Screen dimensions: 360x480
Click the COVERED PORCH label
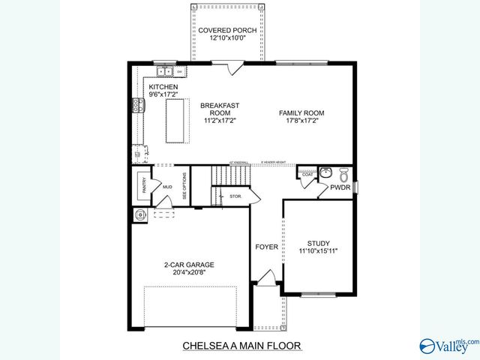tap(227, 31)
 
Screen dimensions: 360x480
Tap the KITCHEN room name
tap(163, 88)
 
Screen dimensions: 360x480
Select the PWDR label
tap(340, 189)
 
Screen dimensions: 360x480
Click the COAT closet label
tap(307, 175)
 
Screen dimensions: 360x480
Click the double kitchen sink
tap(165, 72)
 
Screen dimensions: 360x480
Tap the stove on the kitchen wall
tap(138, 106)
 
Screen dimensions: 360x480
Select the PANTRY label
tap(143, 185)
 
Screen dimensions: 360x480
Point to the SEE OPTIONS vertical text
tap(184, 184)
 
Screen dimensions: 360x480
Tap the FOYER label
tap(266, 247)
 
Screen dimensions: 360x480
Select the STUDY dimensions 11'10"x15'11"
tap(318, 252)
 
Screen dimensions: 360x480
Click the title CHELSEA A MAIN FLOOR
tap(241, 346)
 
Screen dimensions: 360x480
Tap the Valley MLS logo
tap(449, 344)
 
